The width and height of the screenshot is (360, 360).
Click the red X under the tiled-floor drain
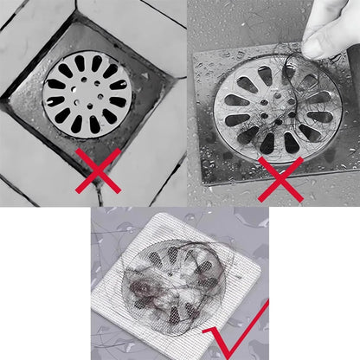pyautogui.click(x=97, y=170)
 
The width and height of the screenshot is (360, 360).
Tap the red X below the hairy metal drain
pyautogui.click(x=280, y=179)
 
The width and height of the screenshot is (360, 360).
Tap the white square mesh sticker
pyautogui.click(x=178, y=282)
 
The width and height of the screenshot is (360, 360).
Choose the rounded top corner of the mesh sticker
pyautogui.click(x=192, y=216)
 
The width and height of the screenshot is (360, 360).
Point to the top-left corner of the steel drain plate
pyautogui.click(x=197, y=54)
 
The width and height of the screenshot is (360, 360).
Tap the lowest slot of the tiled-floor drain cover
pyautogui.click(x=89, y=127)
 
